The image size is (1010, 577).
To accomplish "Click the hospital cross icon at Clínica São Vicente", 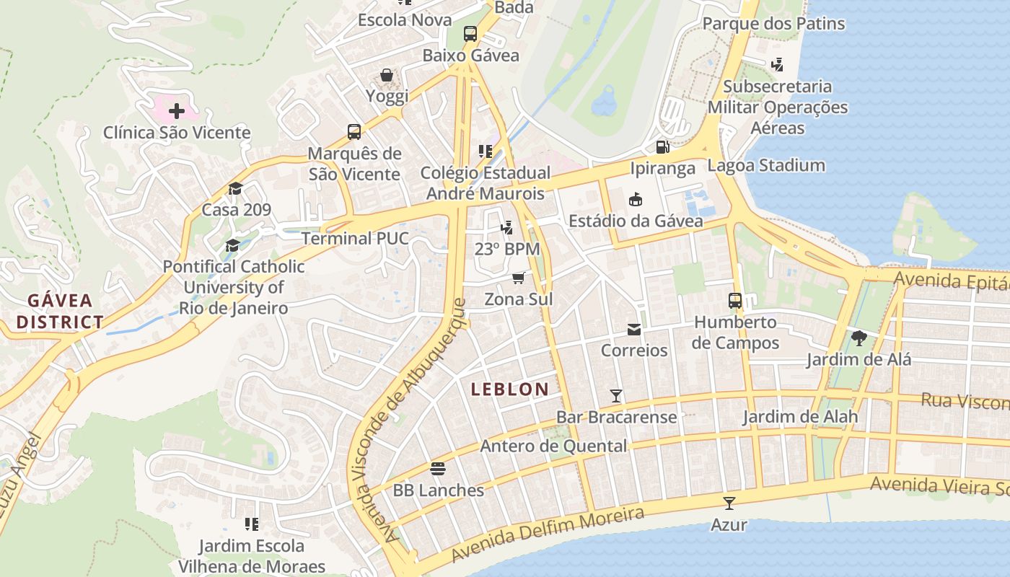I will click(176, 111).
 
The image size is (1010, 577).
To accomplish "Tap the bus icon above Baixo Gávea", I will click(470, 33).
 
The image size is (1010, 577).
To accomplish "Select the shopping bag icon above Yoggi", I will click(387, 75).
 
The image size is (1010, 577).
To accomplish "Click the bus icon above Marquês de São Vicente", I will click(354, 131).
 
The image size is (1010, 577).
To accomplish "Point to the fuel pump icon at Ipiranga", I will click(662, 147).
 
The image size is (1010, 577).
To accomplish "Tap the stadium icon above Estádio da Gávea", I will click(636, 199).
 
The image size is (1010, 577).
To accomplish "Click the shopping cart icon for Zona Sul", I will click(518, 278).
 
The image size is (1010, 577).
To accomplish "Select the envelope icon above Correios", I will click(634, 330).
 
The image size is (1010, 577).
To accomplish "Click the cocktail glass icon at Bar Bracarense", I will click(616, 396).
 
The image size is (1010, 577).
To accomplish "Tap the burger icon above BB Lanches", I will click(438, 469).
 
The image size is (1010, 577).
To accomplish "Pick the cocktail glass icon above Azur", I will click(729, 503).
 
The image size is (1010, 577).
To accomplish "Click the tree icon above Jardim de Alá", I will click(858, 338).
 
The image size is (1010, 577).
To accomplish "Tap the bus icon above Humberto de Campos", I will click(735, 301).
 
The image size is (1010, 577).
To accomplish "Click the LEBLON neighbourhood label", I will click(510, 389).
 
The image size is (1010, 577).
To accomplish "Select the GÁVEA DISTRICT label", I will click(60, 312).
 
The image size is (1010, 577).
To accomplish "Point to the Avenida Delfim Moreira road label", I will click(548, 534).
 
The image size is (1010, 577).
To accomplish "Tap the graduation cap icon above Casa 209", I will click(235, 189).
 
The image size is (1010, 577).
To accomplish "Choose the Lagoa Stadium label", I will click(766, 165).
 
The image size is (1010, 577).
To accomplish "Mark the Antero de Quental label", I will click(553, 446).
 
